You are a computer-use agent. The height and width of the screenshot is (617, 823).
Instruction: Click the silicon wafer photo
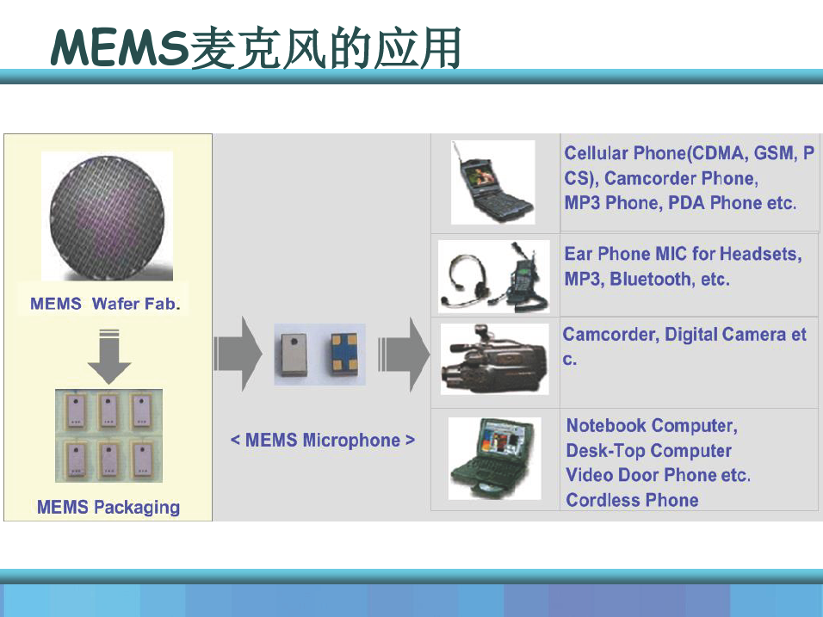(107, 216)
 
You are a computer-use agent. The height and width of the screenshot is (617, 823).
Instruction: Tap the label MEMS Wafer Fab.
(105, 304)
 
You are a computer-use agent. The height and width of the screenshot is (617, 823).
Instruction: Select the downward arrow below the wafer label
(109, 357)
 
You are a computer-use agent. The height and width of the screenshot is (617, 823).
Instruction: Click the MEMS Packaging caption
(108, 508)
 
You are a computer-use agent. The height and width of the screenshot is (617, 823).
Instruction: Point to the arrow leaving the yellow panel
(238, 354)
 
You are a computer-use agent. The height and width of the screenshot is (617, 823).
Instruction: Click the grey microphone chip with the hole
(294, 355)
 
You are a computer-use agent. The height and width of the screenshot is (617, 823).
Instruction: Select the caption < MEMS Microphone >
(322, 441)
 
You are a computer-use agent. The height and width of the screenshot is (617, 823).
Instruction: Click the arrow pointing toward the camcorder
(404, 355)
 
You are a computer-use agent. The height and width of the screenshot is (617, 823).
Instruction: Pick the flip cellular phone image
(492, 182)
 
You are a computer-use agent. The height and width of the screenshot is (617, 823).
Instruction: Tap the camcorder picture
(494, 360)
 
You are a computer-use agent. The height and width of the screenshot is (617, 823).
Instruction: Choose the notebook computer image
(494, 459)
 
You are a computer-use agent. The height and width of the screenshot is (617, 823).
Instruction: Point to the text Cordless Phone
(632, 500)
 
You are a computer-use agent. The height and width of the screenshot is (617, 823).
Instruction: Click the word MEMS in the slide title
(120, 47)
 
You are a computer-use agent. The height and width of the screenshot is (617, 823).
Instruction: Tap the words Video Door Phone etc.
(659, 475)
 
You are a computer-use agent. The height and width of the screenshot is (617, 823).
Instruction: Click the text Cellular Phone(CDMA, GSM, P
(690, 153)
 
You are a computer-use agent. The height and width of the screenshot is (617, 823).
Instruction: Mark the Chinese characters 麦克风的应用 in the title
(325, 48)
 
